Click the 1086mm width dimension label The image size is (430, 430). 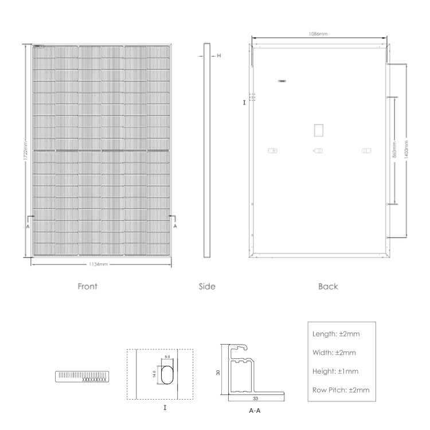[x=318, y=34]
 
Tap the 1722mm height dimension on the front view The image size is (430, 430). [x=25, y=151]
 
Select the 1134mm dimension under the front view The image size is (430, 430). [x=98, y=264]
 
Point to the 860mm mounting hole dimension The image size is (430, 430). [x=394, y=150]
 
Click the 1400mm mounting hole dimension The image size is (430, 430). [x=406, y=150]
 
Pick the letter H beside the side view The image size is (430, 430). [x=219, y=56]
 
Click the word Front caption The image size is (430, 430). [x=87, y=286]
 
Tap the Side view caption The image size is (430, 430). [x=207, y=286]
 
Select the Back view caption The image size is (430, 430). [x=328, y=286]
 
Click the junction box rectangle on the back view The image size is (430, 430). [x=318, y=130]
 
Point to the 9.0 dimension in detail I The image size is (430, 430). [x=167, y=357]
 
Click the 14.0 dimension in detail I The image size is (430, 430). [x=154, y=374]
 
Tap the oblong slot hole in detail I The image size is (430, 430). [x=167, y=374]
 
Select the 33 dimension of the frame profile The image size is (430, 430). [x=255, y=398]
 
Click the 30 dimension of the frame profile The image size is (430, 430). [x=218, y=373]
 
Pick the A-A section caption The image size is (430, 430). [x=255, y=411]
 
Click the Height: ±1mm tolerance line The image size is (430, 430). [x=335, y=372]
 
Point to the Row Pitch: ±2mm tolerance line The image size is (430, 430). [x=341, y=390]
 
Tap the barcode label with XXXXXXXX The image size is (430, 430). [x=82, y=377]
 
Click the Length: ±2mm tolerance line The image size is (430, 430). [x=336, y=334]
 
